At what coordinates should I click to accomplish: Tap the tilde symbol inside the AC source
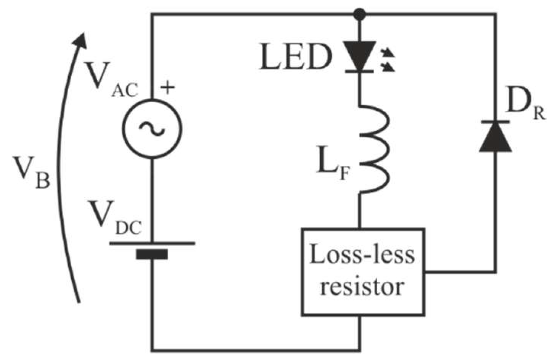(152, 129)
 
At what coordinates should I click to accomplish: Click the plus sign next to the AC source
(167, 88)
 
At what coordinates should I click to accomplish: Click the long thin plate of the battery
(152, 243)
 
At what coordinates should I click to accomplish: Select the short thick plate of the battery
(152, 254)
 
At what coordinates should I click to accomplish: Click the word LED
(294, 57)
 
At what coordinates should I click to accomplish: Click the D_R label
(525, 105)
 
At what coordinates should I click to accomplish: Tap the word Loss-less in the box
(362, 255)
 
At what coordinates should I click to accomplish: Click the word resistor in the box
(361, 286)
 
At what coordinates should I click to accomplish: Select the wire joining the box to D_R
(462, 272)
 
